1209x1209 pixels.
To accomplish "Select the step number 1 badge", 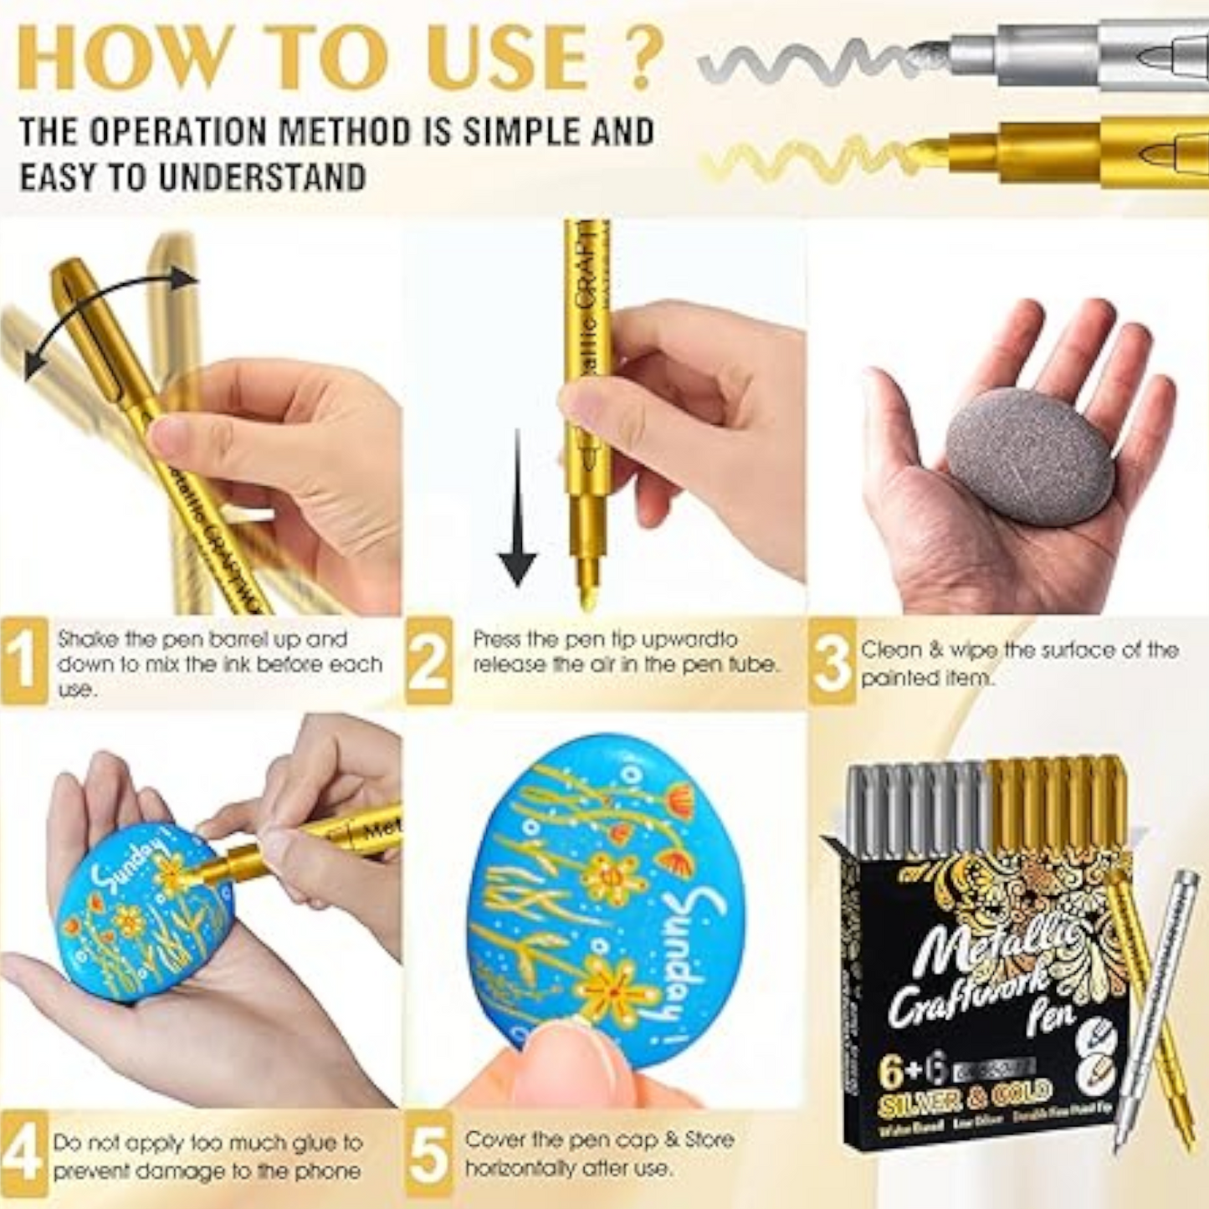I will click(x=23, y=661).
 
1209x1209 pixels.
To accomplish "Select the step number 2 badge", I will click(x=429, y=661).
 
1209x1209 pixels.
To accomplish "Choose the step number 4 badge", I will click(x=23, y=1155).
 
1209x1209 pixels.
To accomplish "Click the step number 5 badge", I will click(x=429, y=1155).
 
